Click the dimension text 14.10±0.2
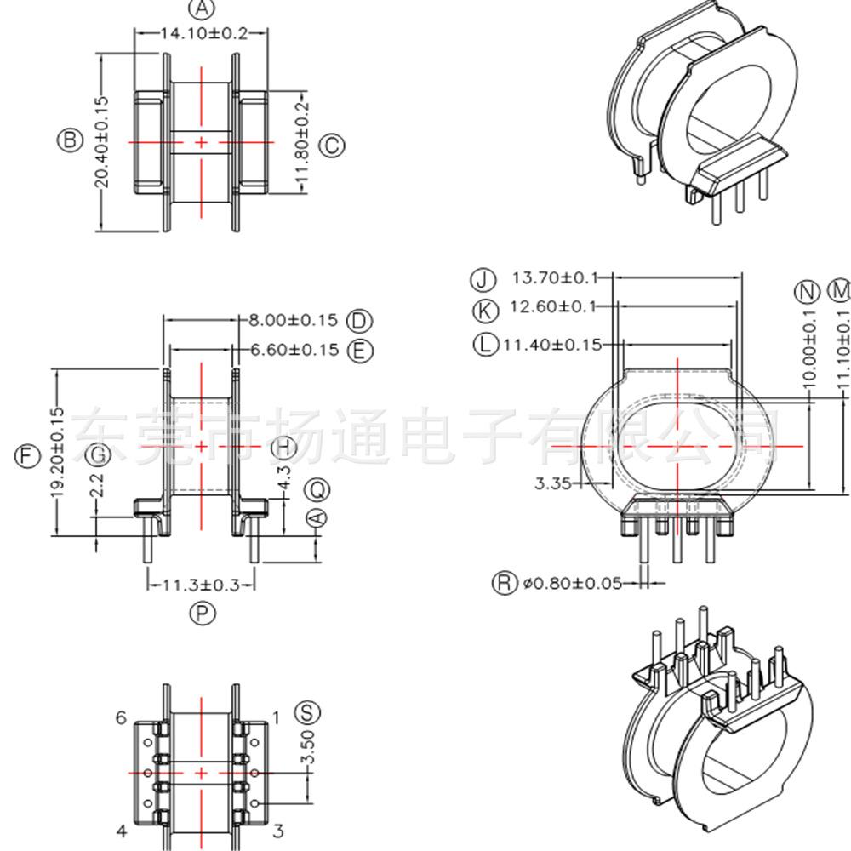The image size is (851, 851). pos(202,34)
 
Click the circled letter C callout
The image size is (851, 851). pos(332,145)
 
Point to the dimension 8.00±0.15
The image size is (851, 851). pos(293,321)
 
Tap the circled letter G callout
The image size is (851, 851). pos(100,455)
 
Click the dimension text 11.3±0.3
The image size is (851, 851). pos(202,585)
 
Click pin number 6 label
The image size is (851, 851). pos(122,718)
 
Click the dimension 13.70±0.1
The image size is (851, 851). pos(555,277)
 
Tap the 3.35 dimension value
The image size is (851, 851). pos(551,483)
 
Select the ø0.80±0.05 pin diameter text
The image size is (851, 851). pos(571,583)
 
